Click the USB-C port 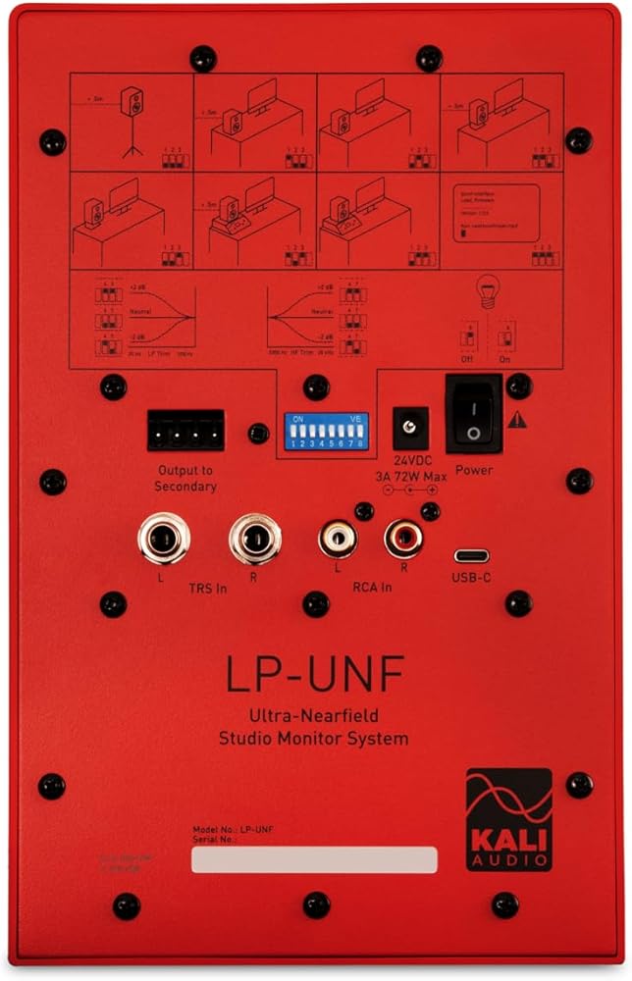pyautogui.click(x=471, y=555)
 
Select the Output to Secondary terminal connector pyautogui.click(x=185, y=430)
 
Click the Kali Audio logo pyautogui.click(x=508, y=819)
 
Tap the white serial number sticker pyautogui.click(x=314, y=859)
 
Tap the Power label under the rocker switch pyautogui.click(x=474, y=470)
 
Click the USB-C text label pyautogui.click(x=471, y=578)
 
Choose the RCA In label pyautogui.click(x=373, y=588)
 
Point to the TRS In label pyautogui.click(x=208, y=588)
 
